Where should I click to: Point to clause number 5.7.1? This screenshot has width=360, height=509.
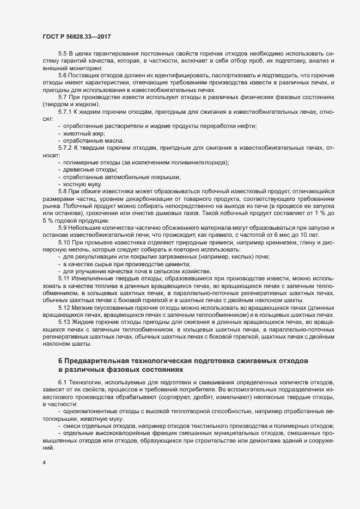(x=65, y=112)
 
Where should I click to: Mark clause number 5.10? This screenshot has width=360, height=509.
(x=64, y=241)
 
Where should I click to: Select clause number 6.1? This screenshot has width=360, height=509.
(x=63, y=384)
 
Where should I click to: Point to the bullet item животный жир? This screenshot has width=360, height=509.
(x=84, y=133)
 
